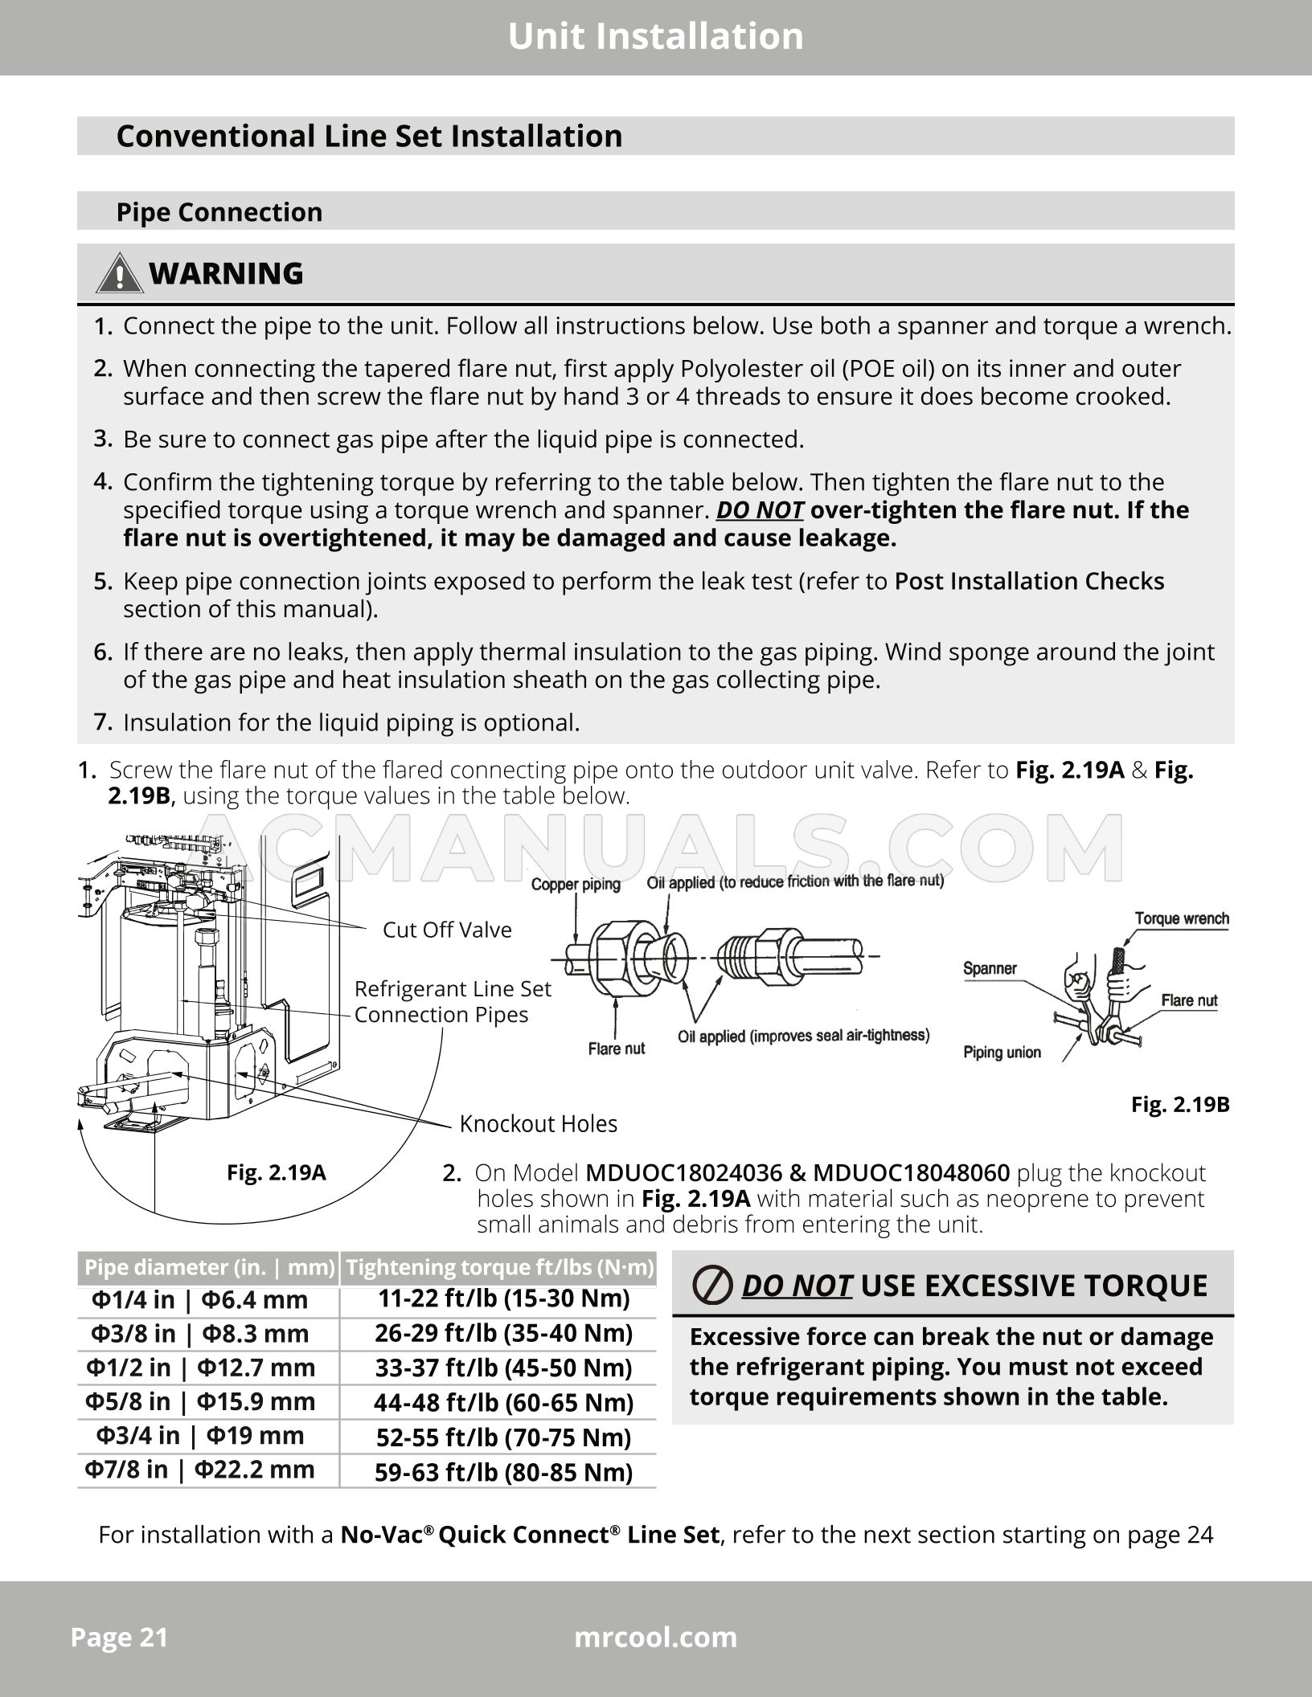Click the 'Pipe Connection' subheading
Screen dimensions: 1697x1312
click(x=219, y=212)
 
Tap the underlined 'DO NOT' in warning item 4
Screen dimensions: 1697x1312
click(x=759, y=510)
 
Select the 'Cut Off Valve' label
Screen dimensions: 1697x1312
click(x=447, y=930)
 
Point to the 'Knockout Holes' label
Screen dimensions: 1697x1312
click(x=538, y=1123)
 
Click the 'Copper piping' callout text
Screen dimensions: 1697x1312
click(x=576, y=885)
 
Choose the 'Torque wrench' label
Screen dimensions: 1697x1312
click(x=1181, y=918)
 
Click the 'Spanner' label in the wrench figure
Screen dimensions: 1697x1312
click(x=990, y=968)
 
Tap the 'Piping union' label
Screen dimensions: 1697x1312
click(x=1002, y=1053)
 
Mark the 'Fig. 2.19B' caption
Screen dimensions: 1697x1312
click(x=1179, y=1104)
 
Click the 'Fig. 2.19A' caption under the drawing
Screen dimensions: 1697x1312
click(x=276, y=1172)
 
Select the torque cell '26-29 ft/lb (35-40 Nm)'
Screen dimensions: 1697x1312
click(x=503, y=1333)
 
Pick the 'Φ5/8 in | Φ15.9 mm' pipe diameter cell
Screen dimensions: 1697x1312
click(x=200, y=1401)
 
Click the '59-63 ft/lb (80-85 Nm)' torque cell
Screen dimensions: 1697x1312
click(x=503, y=1472)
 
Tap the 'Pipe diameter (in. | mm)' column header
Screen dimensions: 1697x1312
click(x=209, y=1267)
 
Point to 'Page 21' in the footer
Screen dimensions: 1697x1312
click(x=119, y=1637)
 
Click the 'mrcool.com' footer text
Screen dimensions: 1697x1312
click(x=655, y=1637)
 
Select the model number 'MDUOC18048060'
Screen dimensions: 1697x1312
click(x=911, y=1173)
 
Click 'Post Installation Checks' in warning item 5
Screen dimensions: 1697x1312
click(x=1029, y=581)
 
